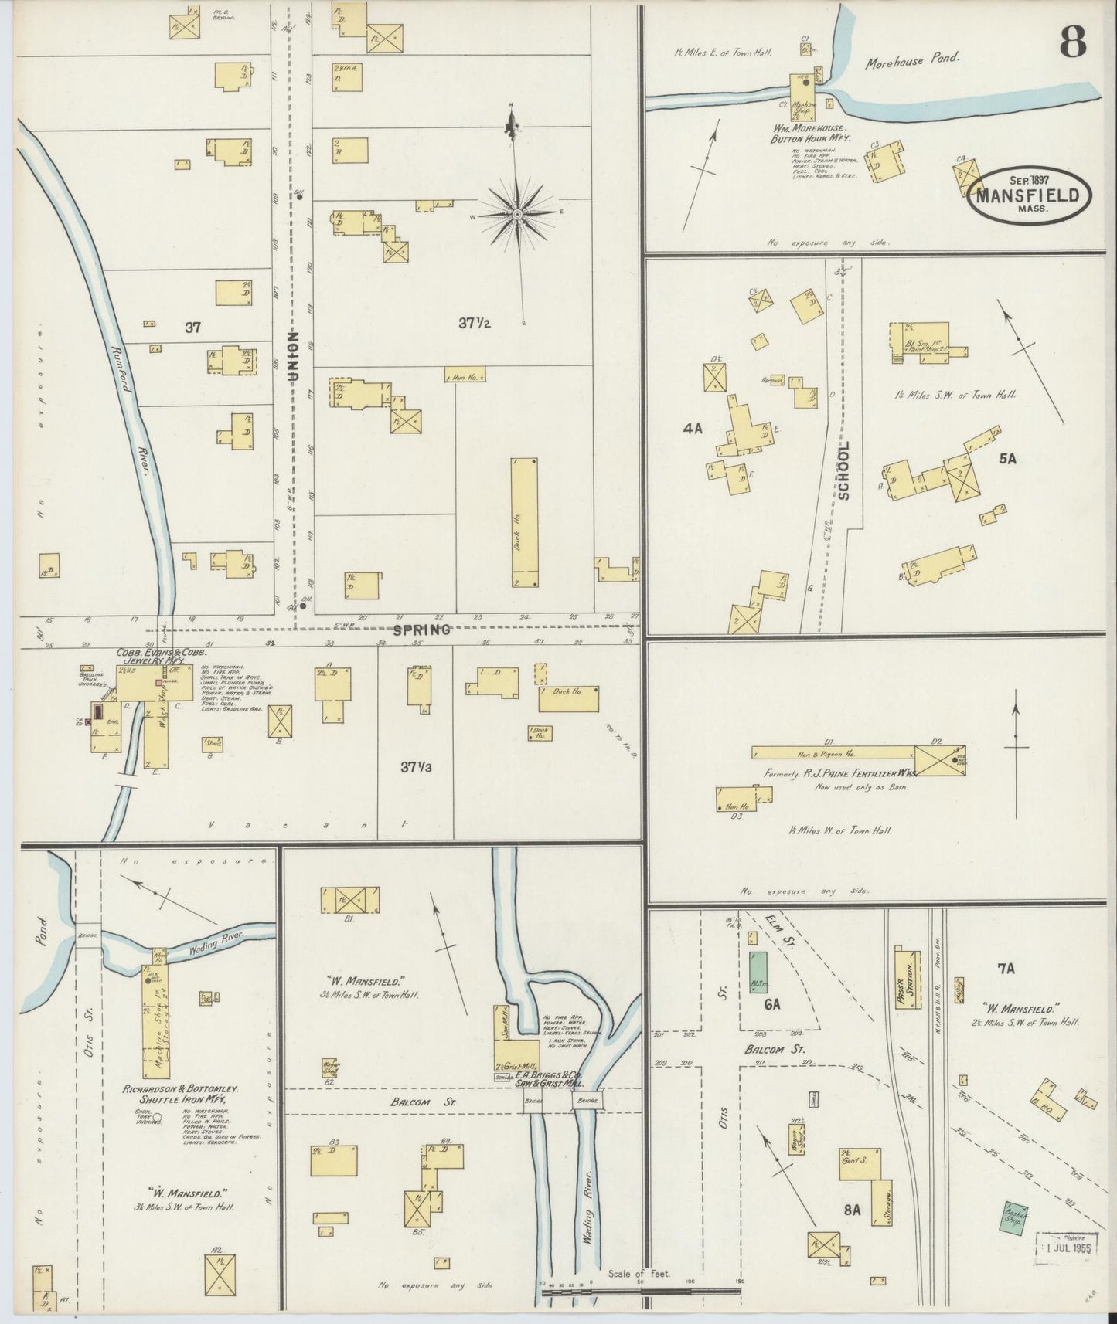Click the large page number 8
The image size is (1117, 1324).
pos(1073,41)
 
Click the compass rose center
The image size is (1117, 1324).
pos(517,214)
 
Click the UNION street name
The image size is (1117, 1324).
pos(293,355)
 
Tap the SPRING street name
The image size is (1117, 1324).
pos(421,630)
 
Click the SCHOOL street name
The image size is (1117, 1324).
pos(843,470)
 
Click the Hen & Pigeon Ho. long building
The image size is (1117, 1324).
pos(833,752)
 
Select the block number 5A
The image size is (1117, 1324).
pos(1006,459)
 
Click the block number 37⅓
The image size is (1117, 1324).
pos(416,767)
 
